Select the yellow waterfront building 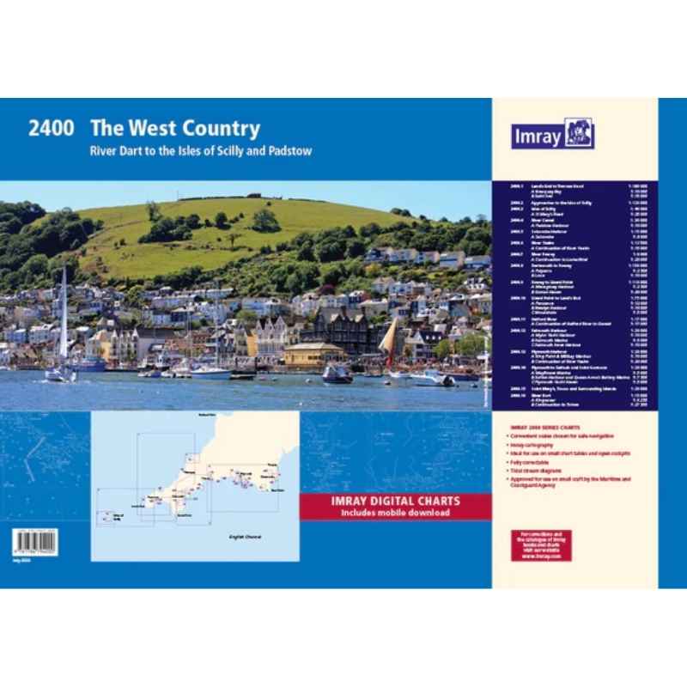click(313, 355)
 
